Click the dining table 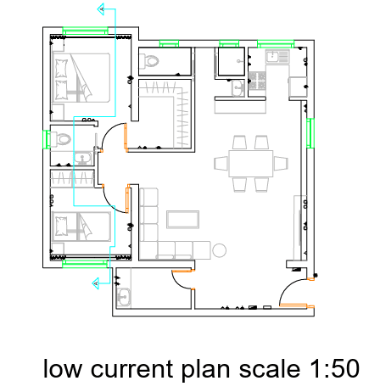click(x=251, y=164)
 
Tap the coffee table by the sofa click(x=182, y=219)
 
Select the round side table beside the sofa click(x=219, y=250)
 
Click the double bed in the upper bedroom click(x=81, y=78)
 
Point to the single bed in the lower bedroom click(x=81, y=227)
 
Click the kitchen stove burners click(x=257, y=81)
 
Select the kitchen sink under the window click(x=277, y=56)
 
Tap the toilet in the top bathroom click(x=149, y=61)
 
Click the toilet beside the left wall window click(x=61, y=138)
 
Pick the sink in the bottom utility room click(x=124, y=297)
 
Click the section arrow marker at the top click(x=102, y=9)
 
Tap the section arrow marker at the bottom click(x=96, y=283)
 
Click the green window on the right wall click(x=310, y=133)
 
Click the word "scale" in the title click(x=270, y=369)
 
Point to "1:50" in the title click(x=334, y=369)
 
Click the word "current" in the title click(x=131, y=369)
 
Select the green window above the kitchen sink click(x=276, y=44)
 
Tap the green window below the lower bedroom click(x=85, y=264)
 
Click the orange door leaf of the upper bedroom click(x=126, y=137)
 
